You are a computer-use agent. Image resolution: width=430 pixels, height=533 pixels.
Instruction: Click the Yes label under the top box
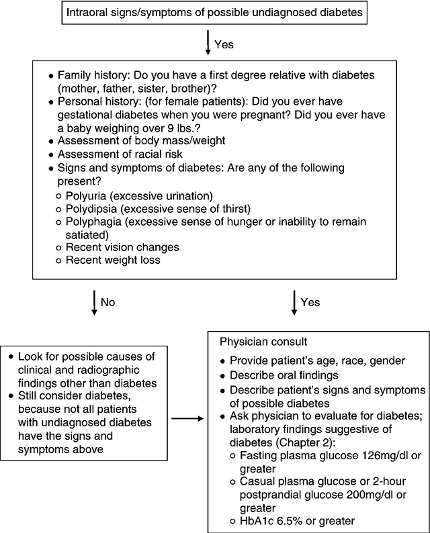(223, 44)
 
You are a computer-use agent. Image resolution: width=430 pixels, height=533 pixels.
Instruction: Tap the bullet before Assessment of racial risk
(50, 153)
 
